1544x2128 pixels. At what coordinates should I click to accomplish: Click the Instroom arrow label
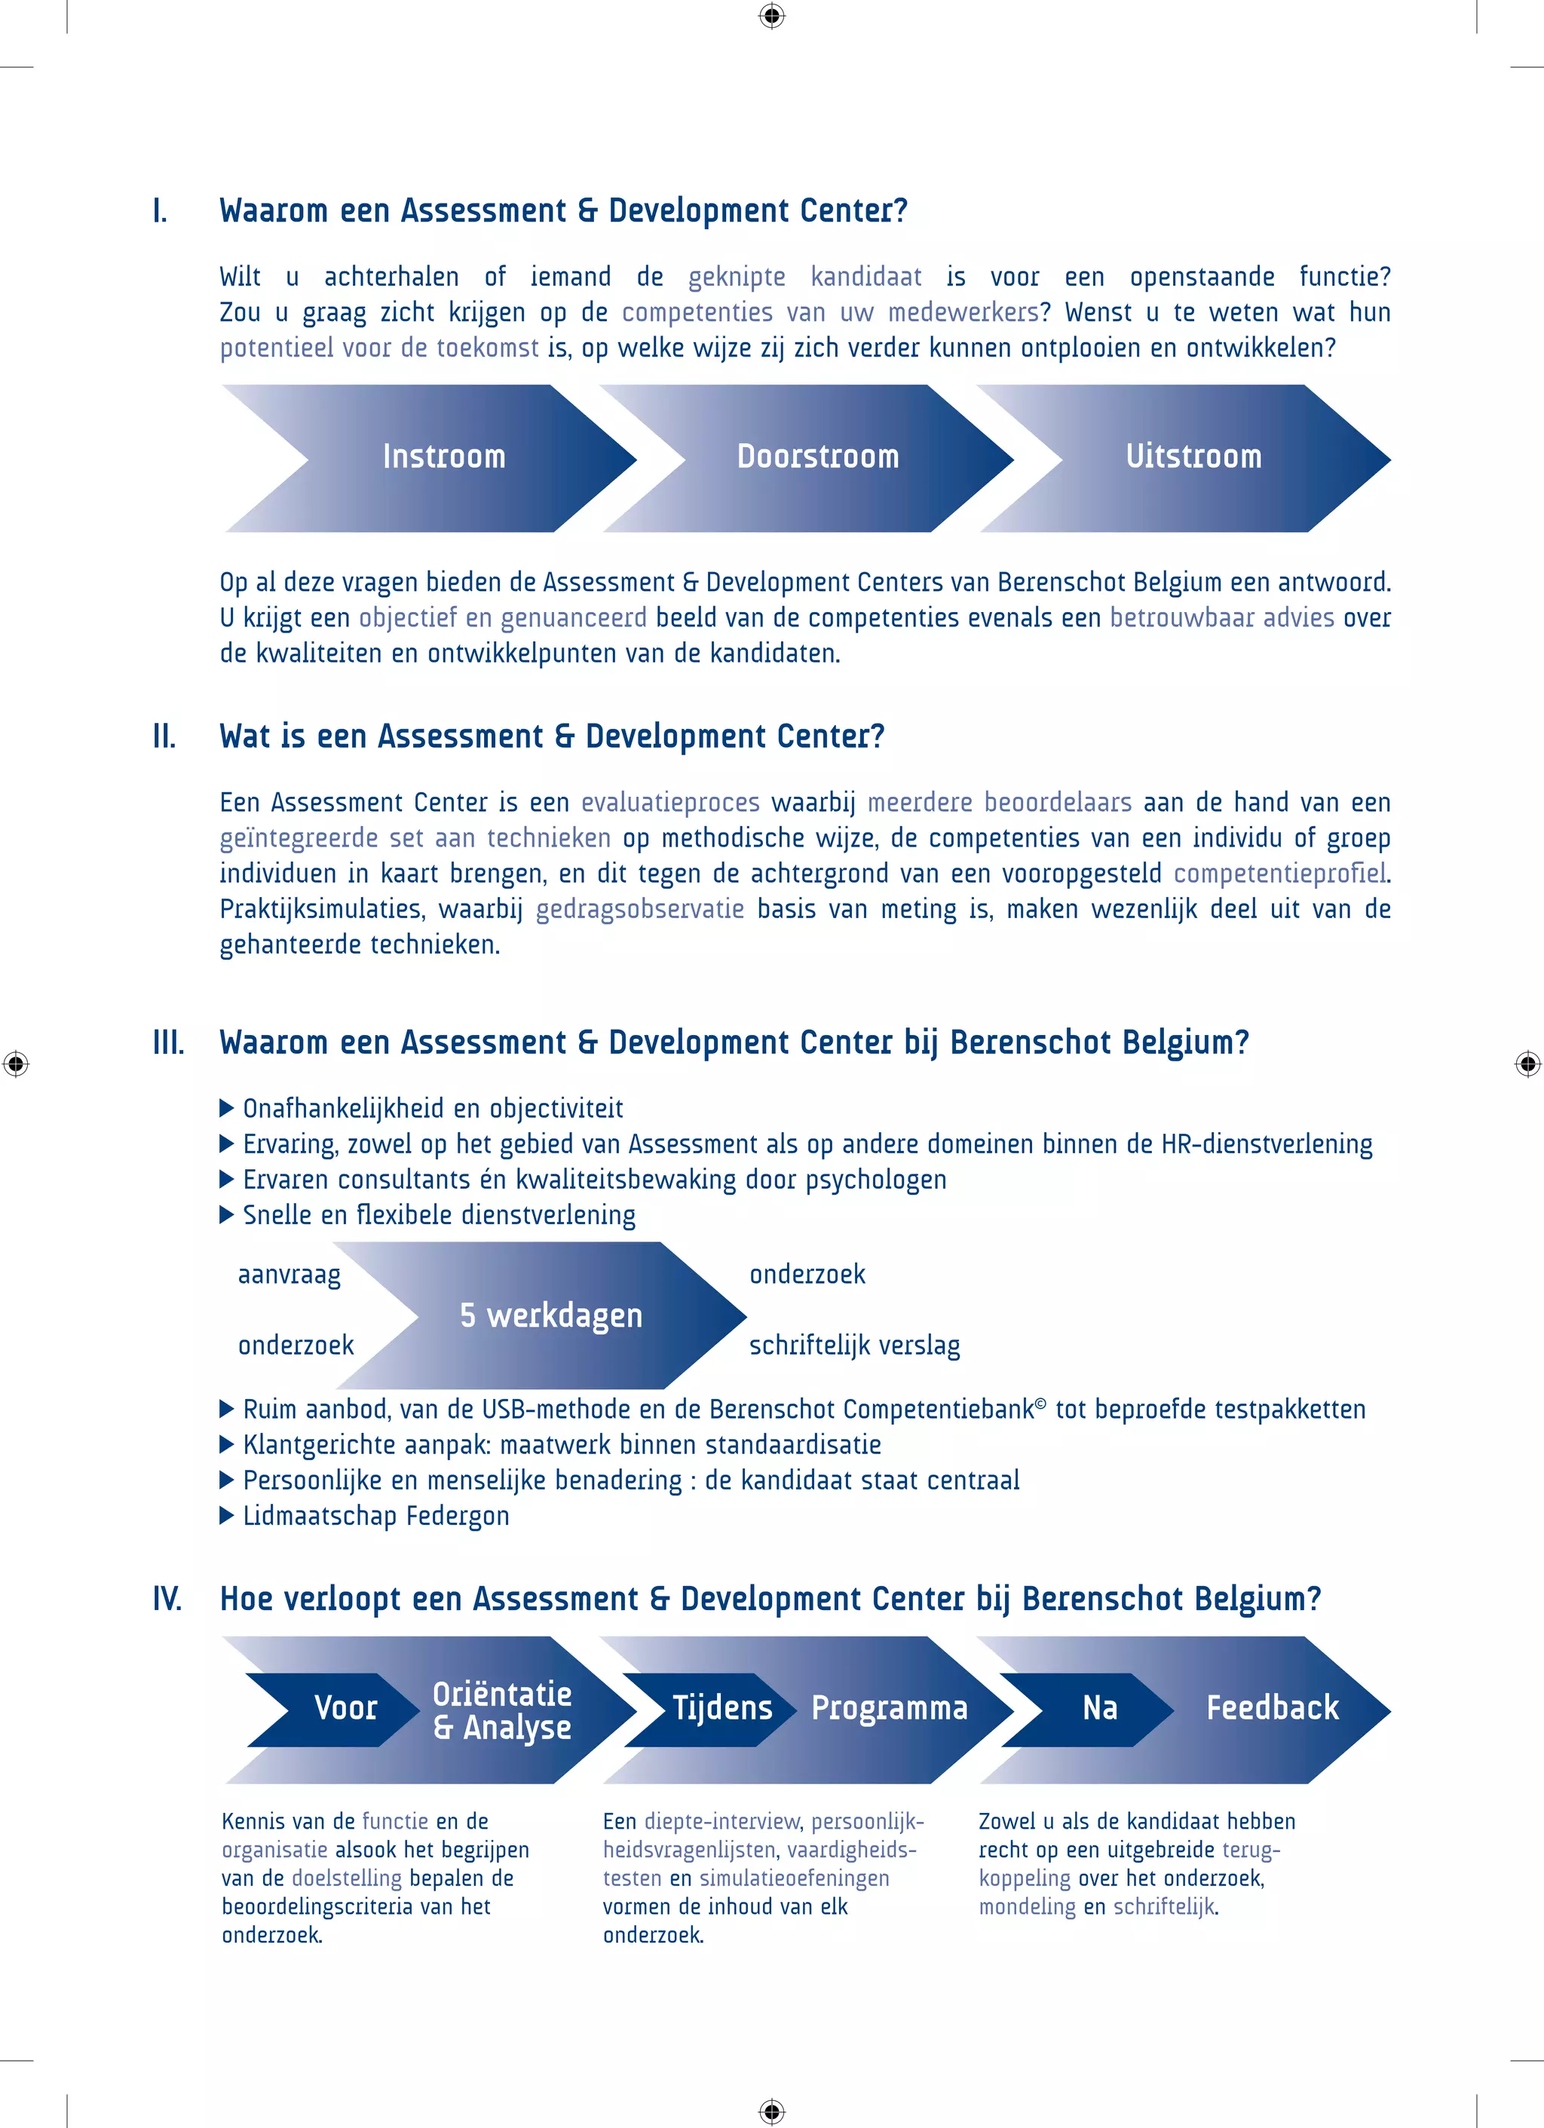pos(444,457)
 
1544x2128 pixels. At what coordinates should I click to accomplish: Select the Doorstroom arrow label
pos(817,457)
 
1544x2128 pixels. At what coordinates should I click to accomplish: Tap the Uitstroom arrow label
pos(1193,457)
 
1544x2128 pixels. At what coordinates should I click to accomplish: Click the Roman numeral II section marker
pos(164,736)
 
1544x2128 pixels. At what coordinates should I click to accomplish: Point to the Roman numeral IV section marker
pos(167,1599)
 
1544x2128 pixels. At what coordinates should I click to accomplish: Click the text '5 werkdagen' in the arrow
pos(551,1315)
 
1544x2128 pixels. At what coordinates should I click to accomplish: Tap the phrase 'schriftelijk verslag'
pos(854,1346)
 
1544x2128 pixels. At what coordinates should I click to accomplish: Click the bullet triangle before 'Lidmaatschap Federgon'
pos(226,1516)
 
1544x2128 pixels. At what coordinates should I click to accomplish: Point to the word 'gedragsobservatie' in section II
pos(639,909)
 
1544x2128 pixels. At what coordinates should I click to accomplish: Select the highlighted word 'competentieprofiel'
pos(1279,874)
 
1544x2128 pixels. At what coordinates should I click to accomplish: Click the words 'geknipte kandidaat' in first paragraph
pos(804,277)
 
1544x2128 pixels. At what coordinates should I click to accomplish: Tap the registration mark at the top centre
pos(771,16)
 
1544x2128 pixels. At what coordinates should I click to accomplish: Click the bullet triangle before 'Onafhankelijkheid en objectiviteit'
pos(226,1109)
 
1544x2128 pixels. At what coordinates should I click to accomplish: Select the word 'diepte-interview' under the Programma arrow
pos(721,1821)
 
